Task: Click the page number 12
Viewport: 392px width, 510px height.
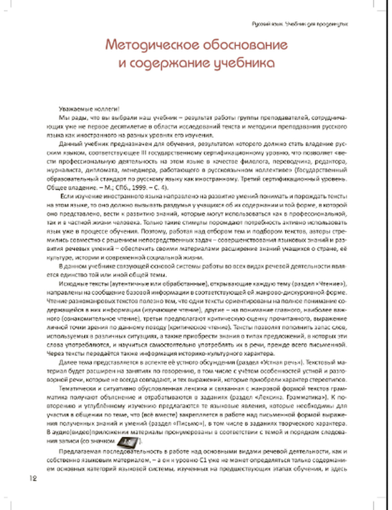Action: (x=33, y=479)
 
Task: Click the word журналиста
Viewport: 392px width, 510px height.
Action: (x=62, y=170)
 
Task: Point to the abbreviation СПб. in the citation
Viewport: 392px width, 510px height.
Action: (x=118, y=188)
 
